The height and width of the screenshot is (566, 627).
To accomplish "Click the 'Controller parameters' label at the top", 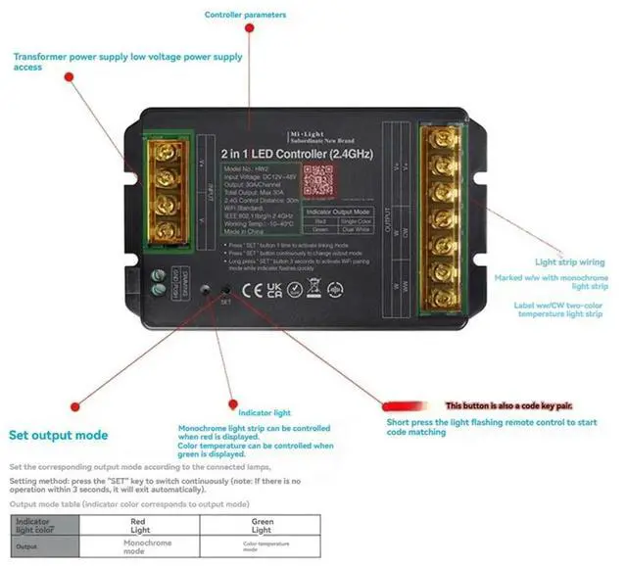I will (246, 15).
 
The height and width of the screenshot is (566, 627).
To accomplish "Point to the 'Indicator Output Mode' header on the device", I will (338, 212).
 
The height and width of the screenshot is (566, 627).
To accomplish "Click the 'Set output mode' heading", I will (59, 435).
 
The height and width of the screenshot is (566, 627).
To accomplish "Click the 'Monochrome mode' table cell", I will (148, 546).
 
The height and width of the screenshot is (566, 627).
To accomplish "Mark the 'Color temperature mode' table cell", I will (262, 546).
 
